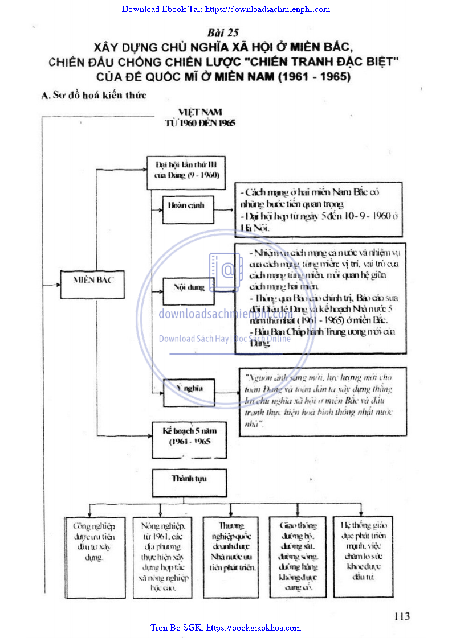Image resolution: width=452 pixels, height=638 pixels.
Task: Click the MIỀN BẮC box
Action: click(92, 280)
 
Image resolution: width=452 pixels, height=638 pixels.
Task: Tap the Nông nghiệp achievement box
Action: click(162, 555)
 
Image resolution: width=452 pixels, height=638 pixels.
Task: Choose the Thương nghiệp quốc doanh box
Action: click(231, 555)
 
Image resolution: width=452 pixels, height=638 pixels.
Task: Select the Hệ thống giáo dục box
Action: click(363, 555)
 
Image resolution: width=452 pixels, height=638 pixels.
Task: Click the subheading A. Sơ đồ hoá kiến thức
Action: click(94, 95)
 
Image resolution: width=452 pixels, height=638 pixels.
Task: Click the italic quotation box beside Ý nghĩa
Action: click(323, 401)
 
